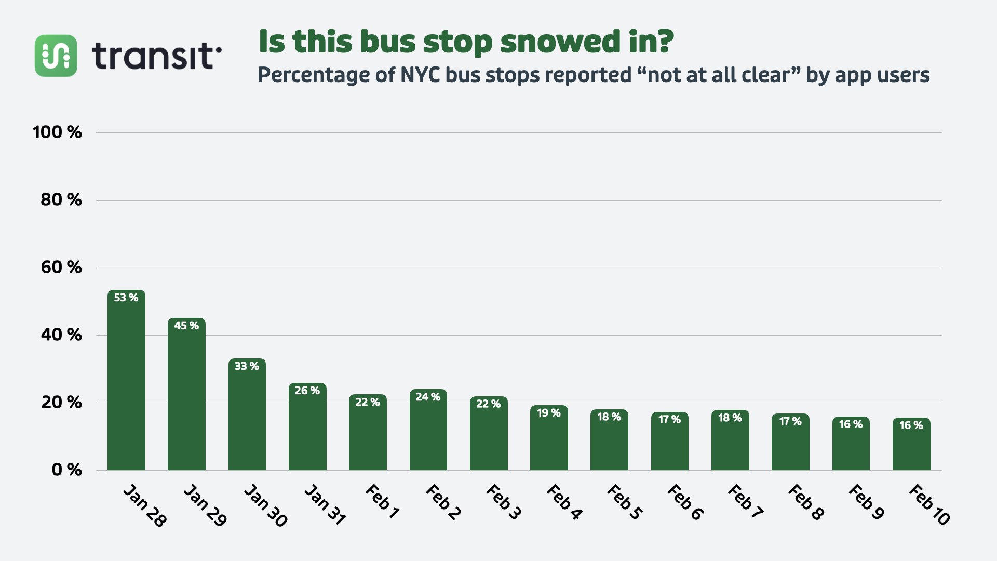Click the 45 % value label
(x=186, y=326)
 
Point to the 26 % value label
(x=307, y=391)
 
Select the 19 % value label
(x=549, y=413)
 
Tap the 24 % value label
(x=428, y=397)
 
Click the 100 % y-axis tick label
(x=58, y=132)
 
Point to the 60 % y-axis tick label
(x=61, y=268)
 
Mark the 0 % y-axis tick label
(x=67, y=470)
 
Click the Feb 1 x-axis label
(x=382, y=501)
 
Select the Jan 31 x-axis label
(x=325, y=504)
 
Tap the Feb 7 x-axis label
(x=745, y=501)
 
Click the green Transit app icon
(x=56, y=56)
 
